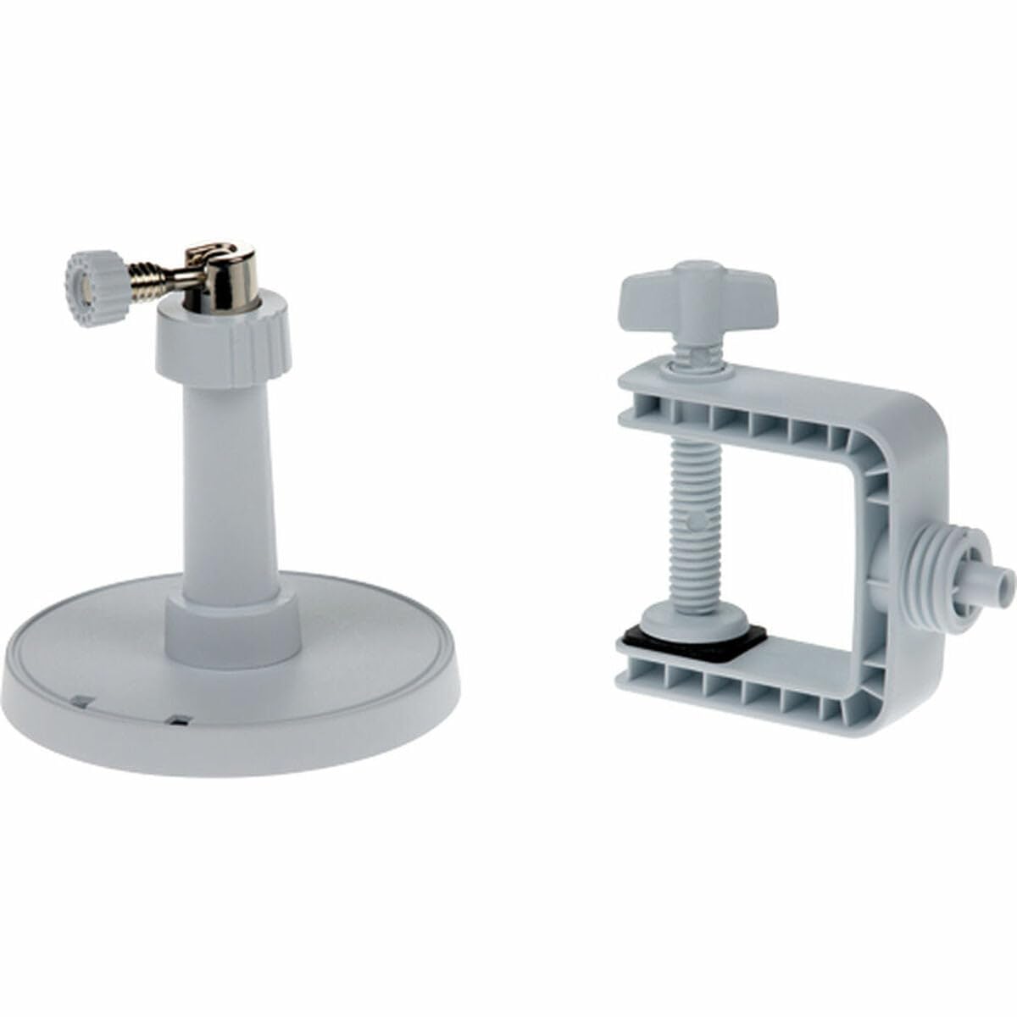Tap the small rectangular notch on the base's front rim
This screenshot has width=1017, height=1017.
(178, 720)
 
